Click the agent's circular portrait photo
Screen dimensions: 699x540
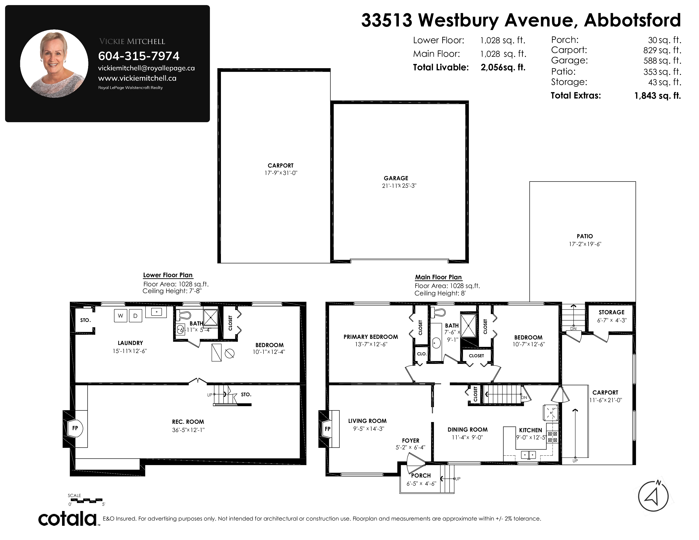click(x=54, y=64)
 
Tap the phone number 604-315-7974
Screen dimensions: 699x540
click(x=139, y=56)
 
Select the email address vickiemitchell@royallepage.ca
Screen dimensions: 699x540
click(x=146, y=68)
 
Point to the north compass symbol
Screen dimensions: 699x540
click(x=653, y=496)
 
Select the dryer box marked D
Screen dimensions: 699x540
click(x=135, y=316)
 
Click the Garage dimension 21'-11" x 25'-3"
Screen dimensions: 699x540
click(x=399, y=186)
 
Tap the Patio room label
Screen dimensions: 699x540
click(x=585, y=236)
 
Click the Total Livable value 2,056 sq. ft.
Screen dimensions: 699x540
click(x=503, y=68)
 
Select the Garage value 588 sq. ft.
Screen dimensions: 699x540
click(x=662, y=61)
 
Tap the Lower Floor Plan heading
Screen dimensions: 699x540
click(x=168, y=275)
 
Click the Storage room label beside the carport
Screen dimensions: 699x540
click(x=611, y=312)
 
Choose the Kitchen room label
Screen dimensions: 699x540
click(x=530, y=430)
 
